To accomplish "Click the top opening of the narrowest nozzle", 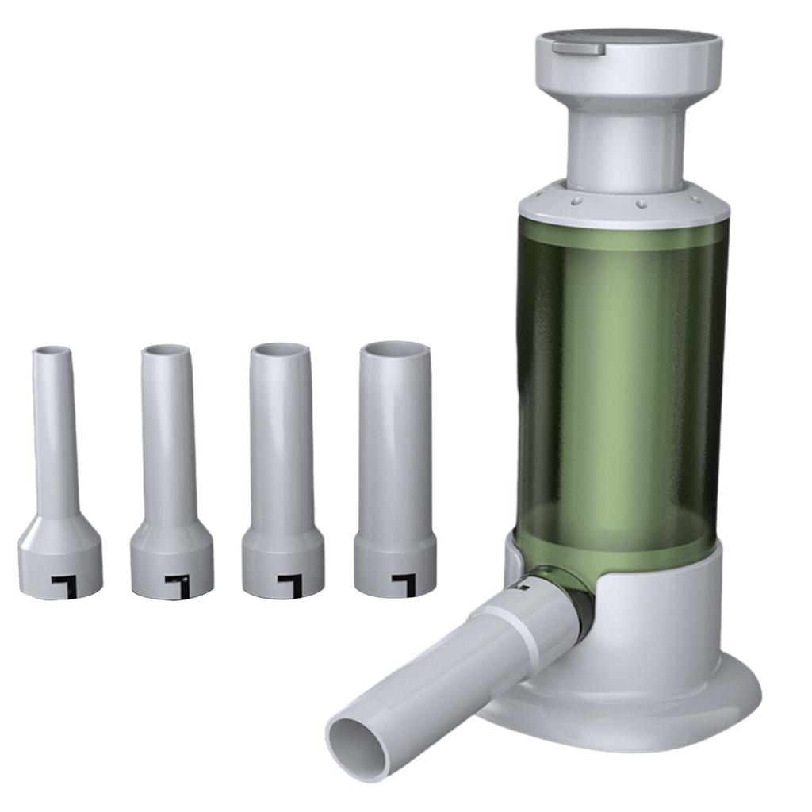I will [x=52, y=350].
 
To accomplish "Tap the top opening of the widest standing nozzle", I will [x=394, y=348].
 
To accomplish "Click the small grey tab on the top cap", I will [x=579, y=48].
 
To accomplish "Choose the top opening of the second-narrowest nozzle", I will [x=166, y=350].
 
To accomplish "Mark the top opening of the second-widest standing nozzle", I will [x=279, y=349].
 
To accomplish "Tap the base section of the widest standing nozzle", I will [x=395, y=563].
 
